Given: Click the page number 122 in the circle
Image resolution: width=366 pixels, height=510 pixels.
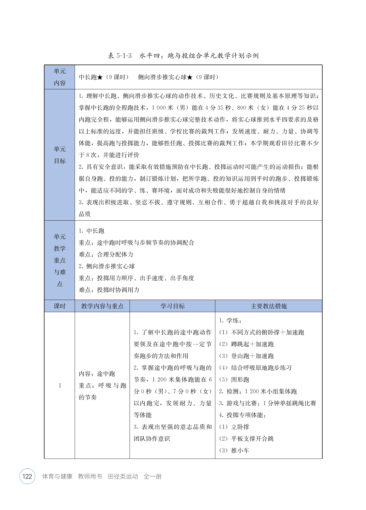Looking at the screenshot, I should click(x=27, y=476).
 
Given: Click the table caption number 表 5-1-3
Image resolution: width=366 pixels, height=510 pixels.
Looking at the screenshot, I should click(x=120, y=56).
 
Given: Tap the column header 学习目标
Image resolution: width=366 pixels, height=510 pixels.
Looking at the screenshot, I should click(x=172, y=306).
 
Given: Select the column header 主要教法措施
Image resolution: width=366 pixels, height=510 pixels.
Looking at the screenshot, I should click(x=269, y=306).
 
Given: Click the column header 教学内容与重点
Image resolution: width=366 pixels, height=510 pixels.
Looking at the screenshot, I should click(x=102, y=306).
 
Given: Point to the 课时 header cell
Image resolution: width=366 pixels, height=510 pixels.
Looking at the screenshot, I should click(x=60, y=306).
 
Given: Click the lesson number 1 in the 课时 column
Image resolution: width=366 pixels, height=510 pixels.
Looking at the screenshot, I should click(x=60, y=385).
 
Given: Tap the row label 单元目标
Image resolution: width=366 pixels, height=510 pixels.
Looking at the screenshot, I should click(x=60, y=155).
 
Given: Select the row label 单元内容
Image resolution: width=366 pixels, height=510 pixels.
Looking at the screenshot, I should click(x=60, y=77).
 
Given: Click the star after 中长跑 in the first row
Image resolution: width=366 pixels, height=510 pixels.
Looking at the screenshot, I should click(x=100, y=77).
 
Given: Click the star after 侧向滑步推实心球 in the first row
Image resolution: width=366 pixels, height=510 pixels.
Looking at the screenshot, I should click(x=190, y=77).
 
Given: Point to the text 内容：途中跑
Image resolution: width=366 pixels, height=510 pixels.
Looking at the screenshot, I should click(x=97, y=374).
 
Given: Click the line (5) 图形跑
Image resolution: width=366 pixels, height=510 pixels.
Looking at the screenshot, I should click(x=234, y=380).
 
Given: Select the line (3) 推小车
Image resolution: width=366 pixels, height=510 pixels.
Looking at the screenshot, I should click(x=234, y=450).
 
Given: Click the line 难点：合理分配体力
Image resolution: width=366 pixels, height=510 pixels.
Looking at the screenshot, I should click(x=106, y=254).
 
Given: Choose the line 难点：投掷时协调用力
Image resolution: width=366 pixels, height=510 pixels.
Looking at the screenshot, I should click(x=109, y=290).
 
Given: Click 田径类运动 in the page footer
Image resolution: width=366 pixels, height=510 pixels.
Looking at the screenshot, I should click(x=123, y=476).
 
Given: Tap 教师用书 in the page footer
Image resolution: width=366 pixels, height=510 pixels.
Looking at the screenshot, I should click(x=90, y=476).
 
